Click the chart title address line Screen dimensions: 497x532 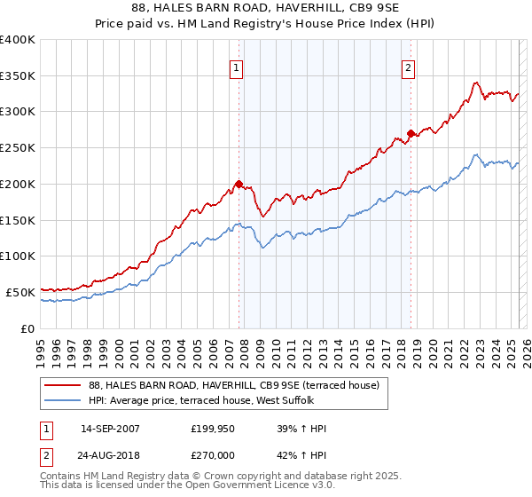(265, 9)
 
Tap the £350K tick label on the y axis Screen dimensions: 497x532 (18, 75)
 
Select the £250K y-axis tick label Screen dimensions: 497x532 (18, 147)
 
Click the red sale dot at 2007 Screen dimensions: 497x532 (239, 184)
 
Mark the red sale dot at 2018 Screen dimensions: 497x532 (411, 134)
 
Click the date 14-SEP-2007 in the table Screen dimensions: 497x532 (110, 430)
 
